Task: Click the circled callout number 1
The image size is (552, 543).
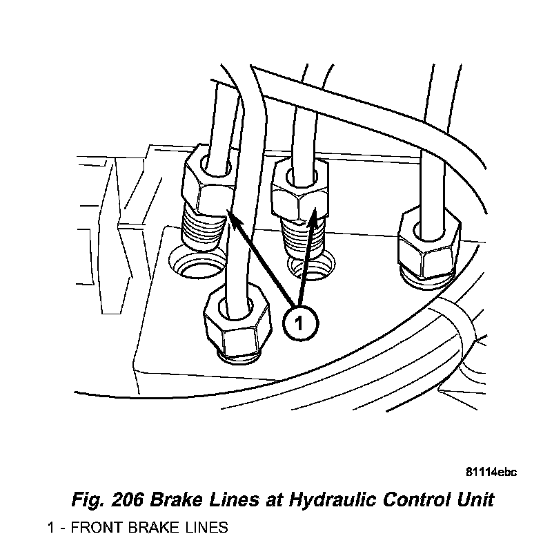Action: [x=299, y=323]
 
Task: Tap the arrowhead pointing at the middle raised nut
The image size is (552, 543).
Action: [x=315, y=220]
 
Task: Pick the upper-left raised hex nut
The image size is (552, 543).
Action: [x=204, y=182]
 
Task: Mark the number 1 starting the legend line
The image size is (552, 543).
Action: [x=51, y=528]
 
